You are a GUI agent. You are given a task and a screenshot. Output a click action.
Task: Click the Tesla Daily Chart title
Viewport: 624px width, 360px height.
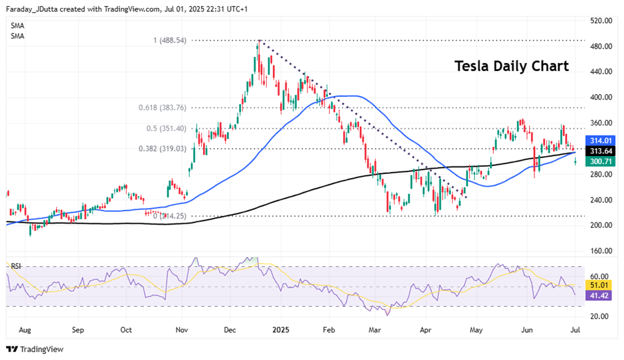(x=511, y=66)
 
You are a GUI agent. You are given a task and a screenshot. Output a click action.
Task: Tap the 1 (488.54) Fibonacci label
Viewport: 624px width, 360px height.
(x=169, y=41)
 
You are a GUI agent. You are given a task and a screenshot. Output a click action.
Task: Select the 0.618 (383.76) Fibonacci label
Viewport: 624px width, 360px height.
(x=162, y=108)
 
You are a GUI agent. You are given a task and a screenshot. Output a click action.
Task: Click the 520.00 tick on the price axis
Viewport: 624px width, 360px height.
(x=600, y=21)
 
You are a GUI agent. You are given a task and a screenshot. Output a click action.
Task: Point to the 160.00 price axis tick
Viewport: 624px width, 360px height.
(x=600, y=251)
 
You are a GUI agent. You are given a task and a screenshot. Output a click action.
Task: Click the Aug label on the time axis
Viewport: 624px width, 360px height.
(x=26, y=329)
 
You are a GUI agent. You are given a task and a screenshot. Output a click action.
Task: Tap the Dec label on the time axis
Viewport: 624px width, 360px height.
(x=230, y=329)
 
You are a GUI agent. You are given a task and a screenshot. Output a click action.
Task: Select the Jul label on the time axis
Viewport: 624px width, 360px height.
(x=575, y=329)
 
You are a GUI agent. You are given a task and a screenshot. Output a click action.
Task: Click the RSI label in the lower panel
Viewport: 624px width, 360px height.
(x=16, y=266)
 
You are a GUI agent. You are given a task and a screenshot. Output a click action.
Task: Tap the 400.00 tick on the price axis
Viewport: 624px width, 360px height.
(x=600, y=98)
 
